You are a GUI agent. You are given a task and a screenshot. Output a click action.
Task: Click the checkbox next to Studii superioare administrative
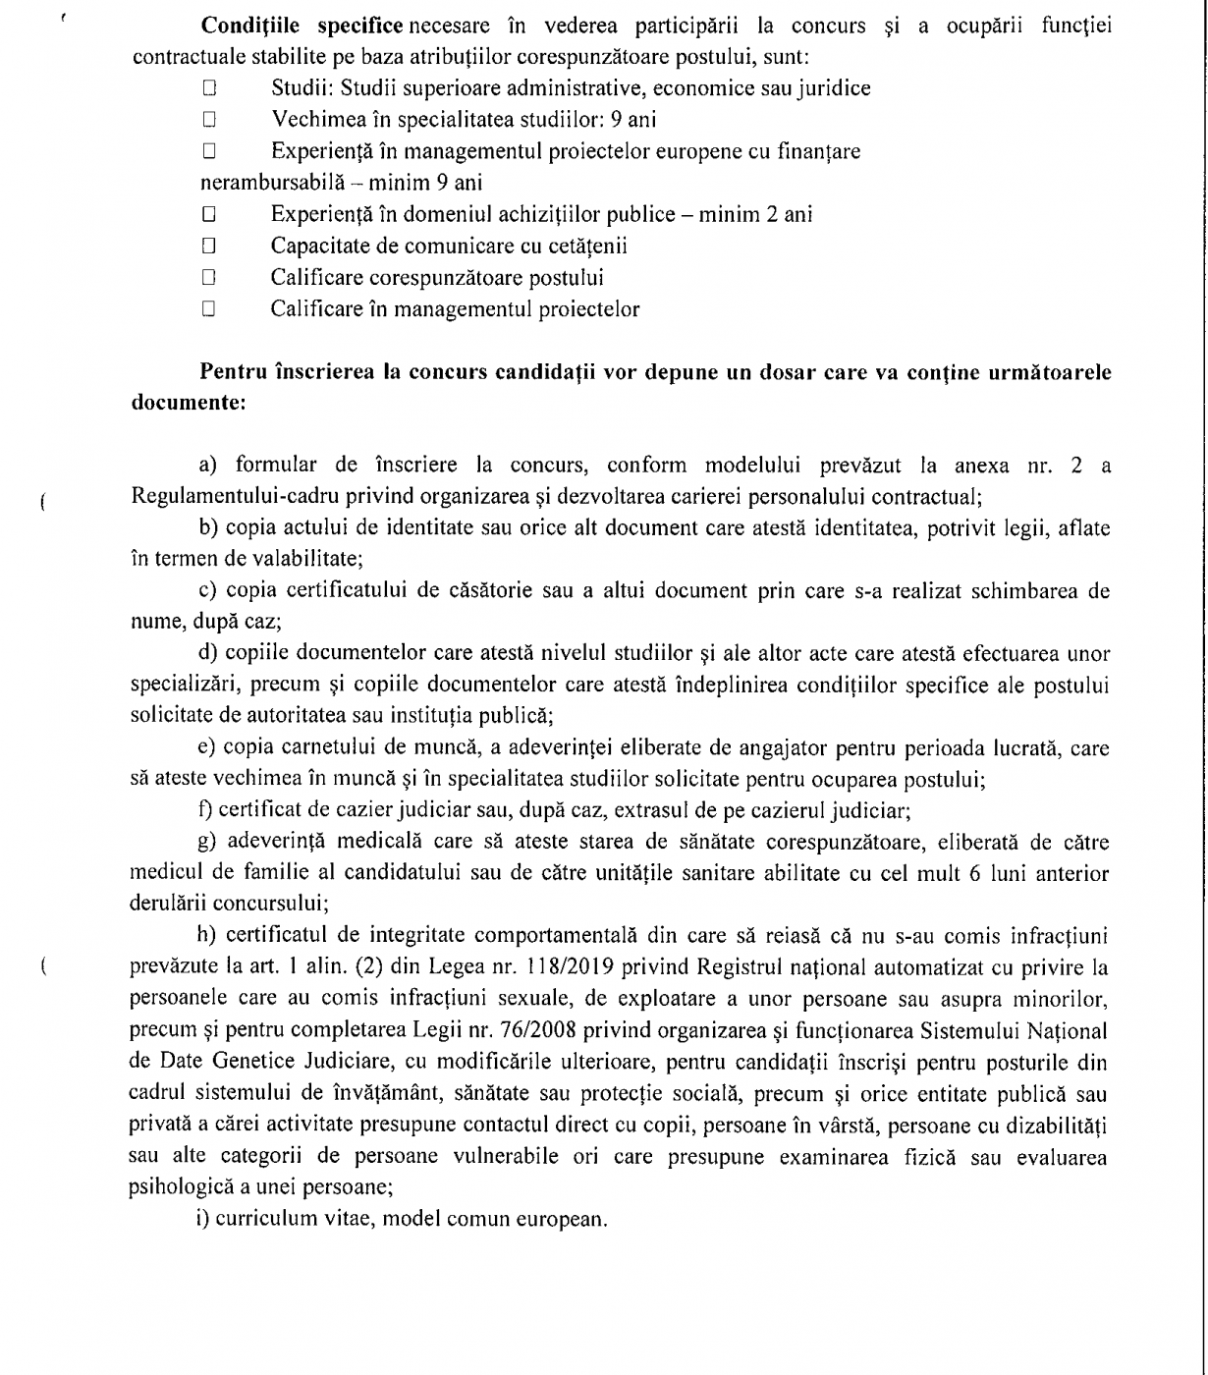click(209, 88)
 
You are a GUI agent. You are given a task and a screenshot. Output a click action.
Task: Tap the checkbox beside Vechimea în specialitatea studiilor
click(209, 120)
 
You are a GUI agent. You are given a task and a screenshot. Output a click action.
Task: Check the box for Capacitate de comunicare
click(209, 246)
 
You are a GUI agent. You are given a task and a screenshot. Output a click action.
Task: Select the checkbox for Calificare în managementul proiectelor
click(209, 309)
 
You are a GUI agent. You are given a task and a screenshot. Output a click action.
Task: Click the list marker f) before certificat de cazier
click(204, 811)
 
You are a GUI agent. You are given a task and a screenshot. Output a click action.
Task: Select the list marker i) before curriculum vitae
click(203, 1220)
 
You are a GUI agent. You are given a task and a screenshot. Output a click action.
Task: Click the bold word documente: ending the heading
click(188, 403)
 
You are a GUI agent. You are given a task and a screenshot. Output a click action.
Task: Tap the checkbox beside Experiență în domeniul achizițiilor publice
click(209, 214)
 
